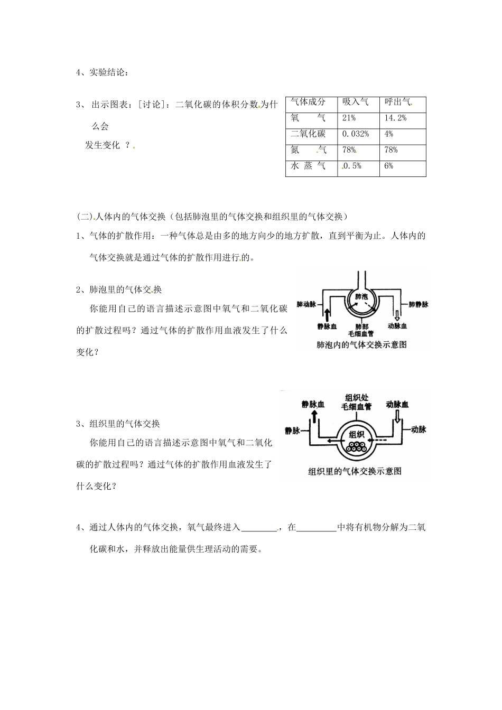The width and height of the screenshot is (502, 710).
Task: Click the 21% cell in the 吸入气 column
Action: pyautogui.click(x=349, y=118)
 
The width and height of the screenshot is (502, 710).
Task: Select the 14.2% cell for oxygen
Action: pyautogui.click(x=395, y=118)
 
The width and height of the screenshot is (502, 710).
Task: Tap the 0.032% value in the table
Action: pyautogui.click(x=355, y=134)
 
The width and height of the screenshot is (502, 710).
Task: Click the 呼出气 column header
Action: pyautogui.click(x=397, y=102)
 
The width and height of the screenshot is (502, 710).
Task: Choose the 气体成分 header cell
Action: pyautogui.click(x=308, y=102)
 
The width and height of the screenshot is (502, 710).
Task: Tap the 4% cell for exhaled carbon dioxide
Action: pyautogui.click(x=389, y=134)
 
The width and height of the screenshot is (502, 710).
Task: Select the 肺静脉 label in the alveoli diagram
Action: pyautogui.click(x=418, y=305)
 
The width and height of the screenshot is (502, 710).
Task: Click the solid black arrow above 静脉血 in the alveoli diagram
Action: pyautogui.click(x=328, y=315)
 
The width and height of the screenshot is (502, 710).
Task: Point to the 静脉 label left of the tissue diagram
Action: pyautogui.click(x=292, y=431)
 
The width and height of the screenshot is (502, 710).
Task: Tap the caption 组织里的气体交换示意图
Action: pyautogui.click(x=355, y=471)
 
